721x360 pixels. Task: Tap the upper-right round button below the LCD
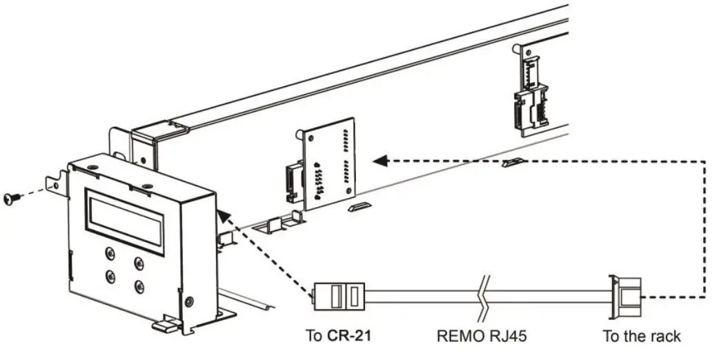pyautogui.click(x=139, y=262)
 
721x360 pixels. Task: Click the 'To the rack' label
pyautogui.click(x=642, y=337)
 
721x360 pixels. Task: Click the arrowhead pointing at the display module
pyautogui.click(x=221, y=215)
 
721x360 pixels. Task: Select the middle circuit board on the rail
pyautogui.click(x=330, y=162)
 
